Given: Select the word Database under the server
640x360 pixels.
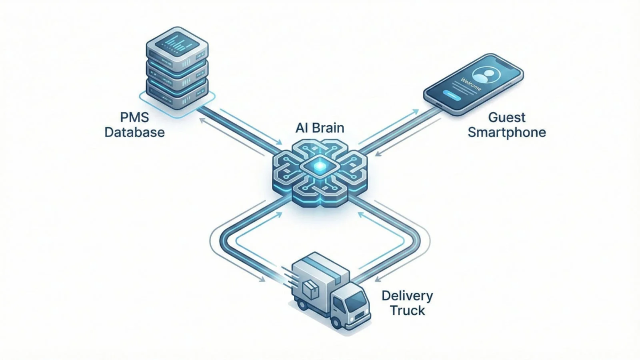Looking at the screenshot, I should (134, 131).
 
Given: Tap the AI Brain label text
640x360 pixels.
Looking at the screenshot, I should (320, 129).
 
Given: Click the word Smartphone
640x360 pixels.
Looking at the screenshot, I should (507, 132).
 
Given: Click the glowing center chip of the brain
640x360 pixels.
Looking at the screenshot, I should (319, 168).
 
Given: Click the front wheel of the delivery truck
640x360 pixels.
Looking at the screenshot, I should (337, 322).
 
